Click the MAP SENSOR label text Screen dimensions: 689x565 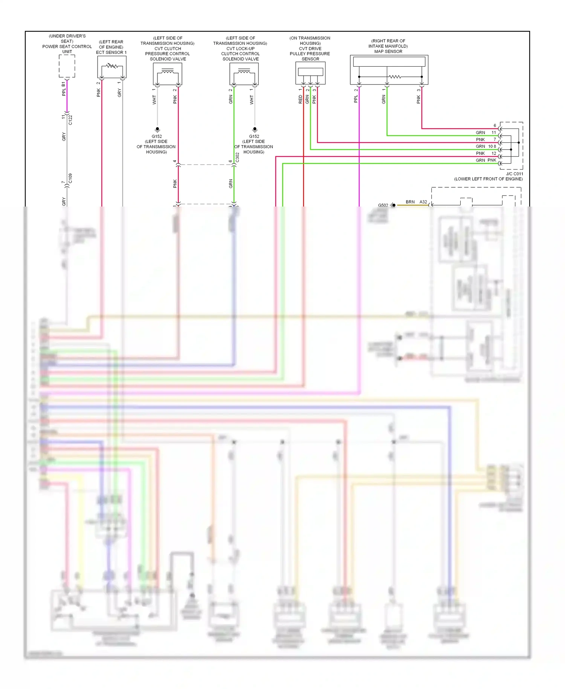point(388,52)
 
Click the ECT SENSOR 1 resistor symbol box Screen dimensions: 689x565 point(112,67)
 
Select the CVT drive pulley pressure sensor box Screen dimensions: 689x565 point(310,73)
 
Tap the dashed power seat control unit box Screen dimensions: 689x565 point(67,66)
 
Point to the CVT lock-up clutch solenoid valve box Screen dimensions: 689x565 point(244,73)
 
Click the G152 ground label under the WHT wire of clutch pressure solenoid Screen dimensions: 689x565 point(157,136)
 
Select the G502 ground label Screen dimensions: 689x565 point(383,205)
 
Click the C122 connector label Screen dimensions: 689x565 point(70,120)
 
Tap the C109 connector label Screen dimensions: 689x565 point(70,179)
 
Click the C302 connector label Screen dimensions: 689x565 point(237,157)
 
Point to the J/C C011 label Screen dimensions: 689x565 point(514,174)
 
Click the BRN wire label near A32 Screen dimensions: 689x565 point(410,202)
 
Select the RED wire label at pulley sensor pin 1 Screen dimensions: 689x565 point(300,100)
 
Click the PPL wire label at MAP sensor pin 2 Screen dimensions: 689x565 point(356,99)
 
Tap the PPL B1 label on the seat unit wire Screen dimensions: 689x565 point(64,89)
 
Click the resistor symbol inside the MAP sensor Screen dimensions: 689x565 point(395,77)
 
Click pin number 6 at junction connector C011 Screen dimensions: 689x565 point(495,126)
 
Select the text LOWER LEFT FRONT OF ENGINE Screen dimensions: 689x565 point(488,179)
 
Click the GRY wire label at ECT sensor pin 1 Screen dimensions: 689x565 point(119,93)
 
